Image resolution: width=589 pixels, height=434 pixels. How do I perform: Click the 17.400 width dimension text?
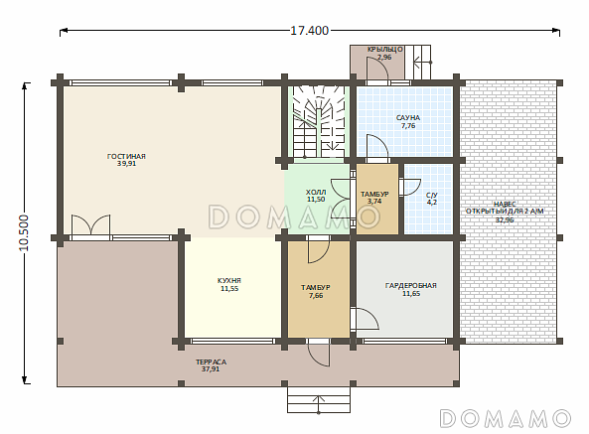coord(309,31)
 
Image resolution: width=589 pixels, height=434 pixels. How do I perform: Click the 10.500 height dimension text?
coord(24,232)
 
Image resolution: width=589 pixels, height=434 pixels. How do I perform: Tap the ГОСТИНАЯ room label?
coord(126,156)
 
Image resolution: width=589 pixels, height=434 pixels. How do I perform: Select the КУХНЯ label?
coord(229,280)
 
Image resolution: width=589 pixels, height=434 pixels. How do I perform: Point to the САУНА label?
coord(408,118)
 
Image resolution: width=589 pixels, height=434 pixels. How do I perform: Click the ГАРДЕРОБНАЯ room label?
coord(411,286)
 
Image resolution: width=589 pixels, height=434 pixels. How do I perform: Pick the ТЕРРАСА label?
coord(211,362)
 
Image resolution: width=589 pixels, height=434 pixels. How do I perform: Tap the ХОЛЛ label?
coord(316,193)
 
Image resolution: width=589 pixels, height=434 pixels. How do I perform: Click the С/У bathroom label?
coord(432,196)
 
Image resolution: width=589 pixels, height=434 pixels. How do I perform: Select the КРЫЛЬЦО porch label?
coord(385,50)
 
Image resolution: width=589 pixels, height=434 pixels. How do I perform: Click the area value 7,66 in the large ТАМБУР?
coord(316,296)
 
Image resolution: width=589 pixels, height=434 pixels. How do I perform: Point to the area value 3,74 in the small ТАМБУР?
coord(374,202)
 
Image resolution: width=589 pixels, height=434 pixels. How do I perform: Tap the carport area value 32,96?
coord(505,220)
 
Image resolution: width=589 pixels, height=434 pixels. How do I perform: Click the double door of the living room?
coord(91,225)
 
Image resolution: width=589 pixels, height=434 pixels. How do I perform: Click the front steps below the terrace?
coord(319,399)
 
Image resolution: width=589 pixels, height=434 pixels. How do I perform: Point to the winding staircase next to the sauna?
coord(319,122)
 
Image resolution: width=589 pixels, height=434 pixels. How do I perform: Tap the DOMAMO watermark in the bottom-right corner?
coord(505,418)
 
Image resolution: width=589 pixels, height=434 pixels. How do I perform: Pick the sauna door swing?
coord(377,146)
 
